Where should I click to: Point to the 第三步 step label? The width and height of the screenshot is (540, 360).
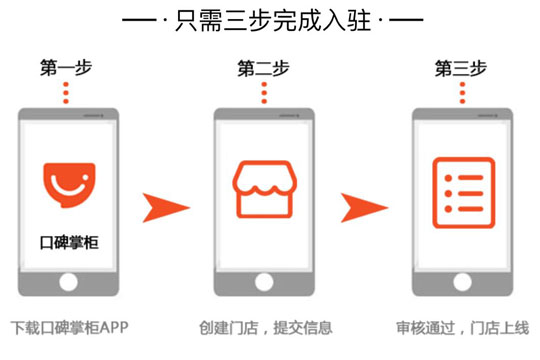(x=461, y=69)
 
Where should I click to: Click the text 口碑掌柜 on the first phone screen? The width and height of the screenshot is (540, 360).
(x=68, y=241)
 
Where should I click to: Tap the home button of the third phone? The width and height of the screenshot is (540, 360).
(x=461, y=283)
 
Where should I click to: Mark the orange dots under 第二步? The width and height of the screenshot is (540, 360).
(x=264, y=93)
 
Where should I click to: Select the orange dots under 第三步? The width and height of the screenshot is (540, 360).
(x=461, y=93)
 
